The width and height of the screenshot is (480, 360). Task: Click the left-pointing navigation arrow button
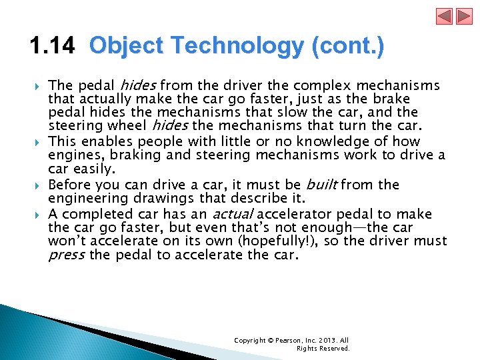coord(445,16)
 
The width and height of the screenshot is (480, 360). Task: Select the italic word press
coord(66,256)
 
